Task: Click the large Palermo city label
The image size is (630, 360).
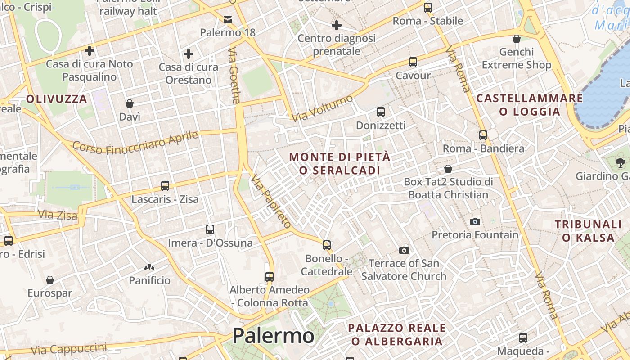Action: [x=273, y=336]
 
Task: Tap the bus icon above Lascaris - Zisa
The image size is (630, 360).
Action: [x=165, y=185]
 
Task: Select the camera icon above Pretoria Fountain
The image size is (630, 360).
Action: [x=475, y=221]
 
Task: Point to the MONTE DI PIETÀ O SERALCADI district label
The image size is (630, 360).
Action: [x=340, y=164]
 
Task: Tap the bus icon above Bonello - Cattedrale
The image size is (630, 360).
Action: [x=327, y=245]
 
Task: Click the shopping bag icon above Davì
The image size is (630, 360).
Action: [x=130, y=103]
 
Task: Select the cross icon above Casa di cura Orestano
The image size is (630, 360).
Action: [x=189, y=54]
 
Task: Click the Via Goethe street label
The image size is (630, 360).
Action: [x=234, y=75]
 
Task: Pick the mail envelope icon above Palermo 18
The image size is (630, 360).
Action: [x=228, y=19]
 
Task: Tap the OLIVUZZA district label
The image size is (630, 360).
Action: [x=56, y=99]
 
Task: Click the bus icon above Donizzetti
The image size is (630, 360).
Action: [x=381, y=112]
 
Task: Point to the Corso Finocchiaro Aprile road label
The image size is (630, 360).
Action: [x=135, y=142]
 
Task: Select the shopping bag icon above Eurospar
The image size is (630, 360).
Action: [x=50, y=280]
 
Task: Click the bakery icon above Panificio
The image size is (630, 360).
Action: [x=149, y=267]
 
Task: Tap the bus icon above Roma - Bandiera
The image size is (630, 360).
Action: [x=483, y=135]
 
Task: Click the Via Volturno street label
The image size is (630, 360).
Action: [x=322, y=108]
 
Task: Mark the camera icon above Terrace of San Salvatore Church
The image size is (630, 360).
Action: [x=404, y=250]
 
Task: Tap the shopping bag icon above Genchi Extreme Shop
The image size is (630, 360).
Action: [x=517, y=39]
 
